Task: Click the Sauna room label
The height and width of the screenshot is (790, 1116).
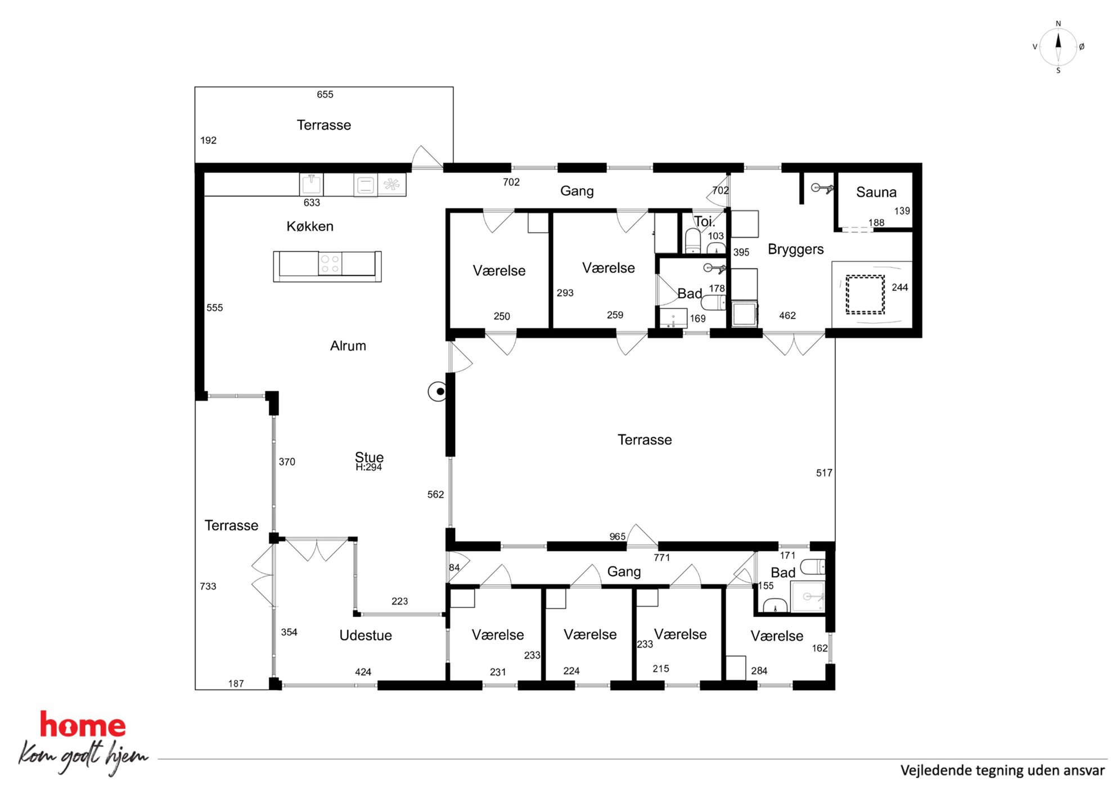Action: click(x=876, y=192)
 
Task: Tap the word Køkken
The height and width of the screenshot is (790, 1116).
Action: click(x=310, y=226)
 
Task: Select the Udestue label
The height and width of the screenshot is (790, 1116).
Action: click(x=366, y=635)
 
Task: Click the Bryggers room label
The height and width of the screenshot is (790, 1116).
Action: click(x=795, y=249)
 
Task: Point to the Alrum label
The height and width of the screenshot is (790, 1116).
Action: click(x=348, y=346)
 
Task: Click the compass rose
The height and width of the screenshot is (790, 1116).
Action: click(x=1058, y=47)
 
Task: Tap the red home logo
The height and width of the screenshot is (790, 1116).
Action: click(x=83, y=725)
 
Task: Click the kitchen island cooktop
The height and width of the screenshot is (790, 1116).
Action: click(x=330, y=264)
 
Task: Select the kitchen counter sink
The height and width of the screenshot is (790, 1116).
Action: click(x=311, y=184)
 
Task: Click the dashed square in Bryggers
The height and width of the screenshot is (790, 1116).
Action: click(x=865, y=294)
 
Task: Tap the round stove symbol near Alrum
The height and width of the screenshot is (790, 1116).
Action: click(x=438, y=391)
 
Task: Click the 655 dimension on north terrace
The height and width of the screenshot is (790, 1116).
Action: click(x=325, y=95)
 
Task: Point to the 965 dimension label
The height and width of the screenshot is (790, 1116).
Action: click(x=618, y=537)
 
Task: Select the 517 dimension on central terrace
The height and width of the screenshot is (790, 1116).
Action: click(x=824, y=473)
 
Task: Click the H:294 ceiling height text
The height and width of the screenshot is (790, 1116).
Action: click(x=369, y=467)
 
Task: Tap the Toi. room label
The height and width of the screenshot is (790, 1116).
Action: click(x=704, y=221)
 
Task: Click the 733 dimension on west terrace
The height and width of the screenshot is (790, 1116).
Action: click(x=208, y=586)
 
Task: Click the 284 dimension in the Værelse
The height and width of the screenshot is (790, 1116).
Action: click(x=759, y=671)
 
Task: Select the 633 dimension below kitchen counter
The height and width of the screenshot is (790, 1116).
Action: click(x=312, y=203)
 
